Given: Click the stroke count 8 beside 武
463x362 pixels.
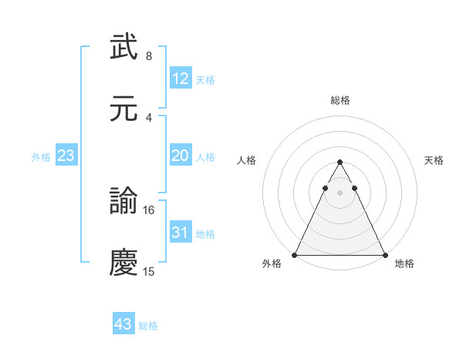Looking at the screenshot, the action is pyautogui.click(x=149, y=55).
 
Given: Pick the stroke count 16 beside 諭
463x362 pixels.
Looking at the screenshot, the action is pyautogui.click(x=149, y=209).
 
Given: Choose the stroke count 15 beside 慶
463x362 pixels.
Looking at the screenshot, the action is pyautogui.click(x=149, y=271).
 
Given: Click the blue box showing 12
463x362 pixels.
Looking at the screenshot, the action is pyautogui.click(x=181, y=79).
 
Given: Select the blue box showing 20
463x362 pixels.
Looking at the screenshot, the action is pyautogui.click(x=181, y=155).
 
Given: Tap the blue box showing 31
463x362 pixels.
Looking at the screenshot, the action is pyautogui.click(x=181, y=232).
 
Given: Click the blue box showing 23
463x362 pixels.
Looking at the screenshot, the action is pyautogui.click(x=66, y=156).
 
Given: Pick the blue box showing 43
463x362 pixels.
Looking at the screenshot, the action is pyautogui.click(x=123, y=324).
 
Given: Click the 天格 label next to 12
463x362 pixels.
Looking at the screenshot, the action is pyautogui.click(x=205, y=79).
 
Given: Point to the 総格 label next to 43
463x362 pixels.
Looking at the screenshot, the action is pyautogui.click(x=148, y=325).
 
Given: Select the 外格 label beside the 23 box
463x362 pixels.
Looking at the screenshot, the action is pyautogui.click(x=41, y=156).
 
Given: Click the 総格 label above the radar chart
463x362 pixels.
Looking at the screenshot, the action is pyautogui.click(x=340, y=100).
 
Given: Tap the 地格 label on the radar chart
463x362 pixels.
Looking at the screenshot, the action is pyautogui.click(x=404, y=264).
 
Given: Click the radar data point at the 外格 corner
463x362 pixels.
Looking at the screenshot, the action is pyautogui.click(x=295, y=255).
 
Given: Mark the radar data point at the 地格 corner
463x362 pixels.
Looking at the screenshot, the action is pyautogui.click(x=385, y=255).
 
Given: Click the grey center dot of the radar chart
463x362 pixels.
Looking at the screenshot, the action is pyautogui.click(x=340, y=193).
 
